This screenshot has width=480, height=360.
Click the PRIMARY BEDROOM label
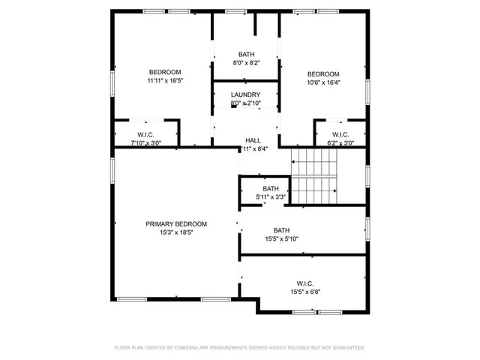coord(176,223)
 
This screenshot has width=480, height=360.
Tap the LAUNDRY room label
coord(245,94)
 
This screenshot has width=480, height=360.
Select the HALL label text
coord(253,140)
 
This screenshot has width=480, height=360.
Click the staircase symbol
coord(314,175)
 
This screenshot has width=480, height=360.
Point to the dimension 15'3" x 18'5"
coord(176,232)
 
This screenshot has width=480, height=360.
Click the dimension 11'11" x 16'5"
coord(165,80)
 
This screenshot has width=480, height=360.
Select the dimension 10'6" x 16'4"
coord(323,82)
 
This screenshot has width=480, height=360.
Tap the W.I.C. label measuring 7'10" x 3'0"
coord(146,135)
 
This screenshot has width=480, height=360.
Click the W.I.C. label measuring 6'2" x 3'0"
coord(341,135)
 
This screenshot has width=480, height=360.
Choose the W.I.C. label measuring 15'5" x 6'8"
coord(305,283)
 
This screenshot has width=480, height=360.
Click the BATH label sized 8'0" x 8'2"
coord(246,55)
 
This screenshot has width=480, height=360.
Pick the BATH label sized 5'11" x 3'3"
coord(270,189)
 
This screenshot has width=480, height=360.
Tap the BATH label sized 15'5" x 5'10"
coord(281,230)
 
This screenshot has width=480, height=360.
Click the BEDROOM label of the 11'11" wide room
coord(165,72)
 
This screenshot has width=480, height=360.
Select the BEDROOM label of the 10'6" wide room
coord(323,73)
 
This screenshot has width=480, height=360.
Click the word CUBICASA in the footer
coord(188,348)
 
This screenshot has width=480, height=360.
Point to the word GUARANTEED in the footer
coord(346,348)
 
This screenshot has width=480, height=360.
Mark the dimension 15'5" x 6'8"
coord(305,292)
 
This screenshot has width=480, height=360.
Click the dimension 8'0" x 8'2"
coord(246,64)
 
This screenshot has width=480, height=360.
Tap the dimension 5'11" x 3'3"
coord(270,197)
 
